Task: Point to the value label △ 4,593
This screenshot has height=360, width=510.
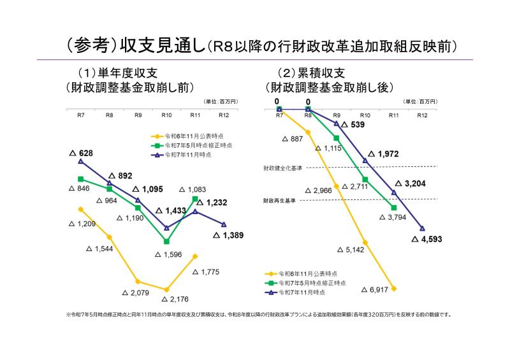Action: coord(427,240)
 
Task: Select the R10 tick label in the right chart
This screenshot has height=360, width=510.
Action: coord(365,115)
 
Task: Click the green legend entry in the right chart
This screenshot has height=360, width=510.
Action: coord(305,282)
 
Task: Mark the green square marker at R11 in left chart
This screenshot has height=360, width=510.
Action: coord(195,199)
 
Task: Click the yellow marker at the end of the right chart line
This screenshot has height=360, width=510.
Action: coord(394,289)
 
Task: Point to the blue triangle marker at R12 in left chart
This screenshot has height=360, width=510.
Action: coord(224,224)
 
